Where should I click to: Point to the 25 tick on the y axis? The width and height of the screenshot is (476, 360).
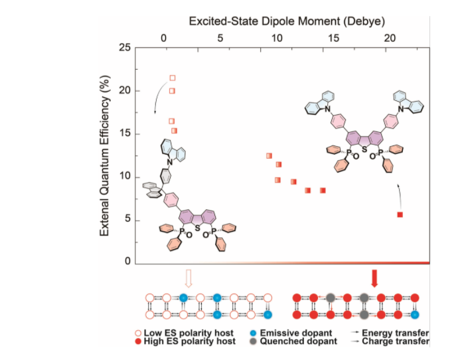click(x=124, y=48)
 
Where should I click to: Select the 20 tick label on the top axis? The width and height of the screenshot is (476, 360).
click(x=390, y=38)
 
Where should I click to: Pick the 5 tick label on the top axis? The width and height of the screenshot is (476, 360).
click(x=220, y=38)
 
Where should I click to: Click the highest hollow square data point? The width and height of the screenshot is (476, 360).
click(x=173, y=78)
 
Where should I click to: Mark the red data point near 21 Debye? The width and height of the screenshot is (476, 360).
click(x=400, y=215)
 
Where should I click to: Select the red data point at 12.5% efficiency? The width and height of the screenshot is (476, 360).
click(x=269, y=155)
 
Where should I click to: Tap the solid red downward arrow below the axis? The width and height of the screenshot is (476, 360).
click(x=374, y=278)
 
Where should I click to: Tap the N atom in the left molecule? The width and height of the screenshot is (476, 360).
click(x=170, y=161)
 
